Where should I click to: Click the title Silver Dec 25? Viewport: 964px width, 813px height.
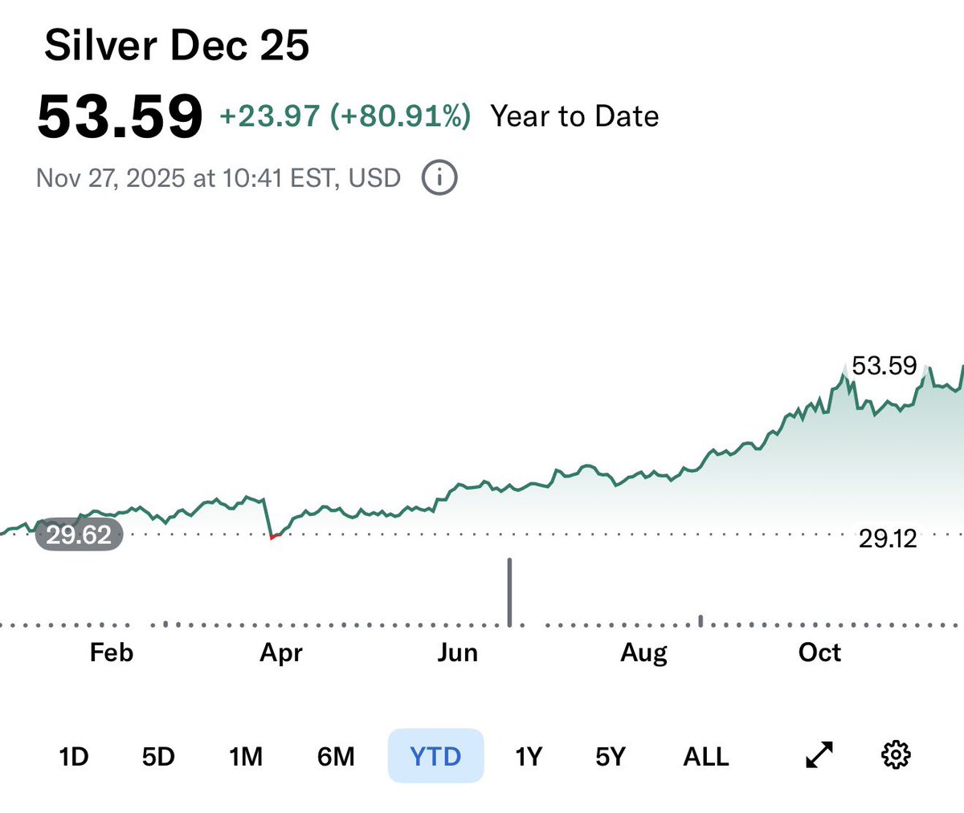click(x=177, y=46)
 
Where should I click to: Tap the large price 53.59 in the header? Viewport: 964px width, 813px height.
click(x=120, y=117)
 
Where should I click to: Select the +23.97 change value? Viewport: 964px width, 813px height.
click(x=269, y=116)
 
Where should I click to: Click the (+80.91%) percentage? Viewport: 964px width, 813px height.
click(x=400, y=116)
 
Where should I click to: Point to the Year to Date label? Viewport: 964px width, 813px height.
click(x=574, y=116)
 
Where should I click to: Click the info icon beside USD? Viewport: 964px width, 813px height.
click(x=439, y=177)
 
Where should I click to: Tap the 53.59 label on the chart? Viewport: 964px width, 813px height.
click(x=884, y=366)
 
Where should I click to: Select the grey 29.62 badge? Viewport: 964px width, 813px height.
click(x=79, y=535)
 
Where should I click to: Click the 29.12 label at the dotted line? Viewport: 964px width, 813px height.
click(x=888, y=538)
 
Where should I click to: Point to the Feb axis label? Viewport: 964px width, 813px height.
click(x=112, y=652)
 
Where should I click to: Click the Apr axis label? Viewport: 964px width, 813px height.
click(x=281, y=652)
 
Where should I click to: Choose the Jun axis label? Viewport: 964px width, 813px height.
click(x=458, y=652)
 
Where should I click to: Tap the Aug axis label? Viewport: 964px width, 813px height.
click(x=643, y=652)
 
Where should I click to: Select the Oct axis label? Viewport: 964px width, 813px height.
click(x=819, y=652)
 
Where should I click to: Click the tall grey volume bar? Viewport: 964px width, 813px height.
click(x=509, y=591)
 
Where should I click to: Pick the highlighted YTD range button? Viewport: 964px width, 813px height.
click(x=435, y=756)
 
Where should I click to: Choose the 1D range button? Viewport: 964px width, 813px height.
click(x=73, y=756)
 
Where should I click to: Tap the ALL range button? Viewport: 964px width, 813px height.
click(x=705, y=756)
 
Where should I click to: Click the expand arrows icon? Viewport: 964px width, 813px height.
click(x=819, y=755)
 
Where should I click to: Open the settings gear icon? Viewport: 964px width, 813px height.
click(x=896, y=755)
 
